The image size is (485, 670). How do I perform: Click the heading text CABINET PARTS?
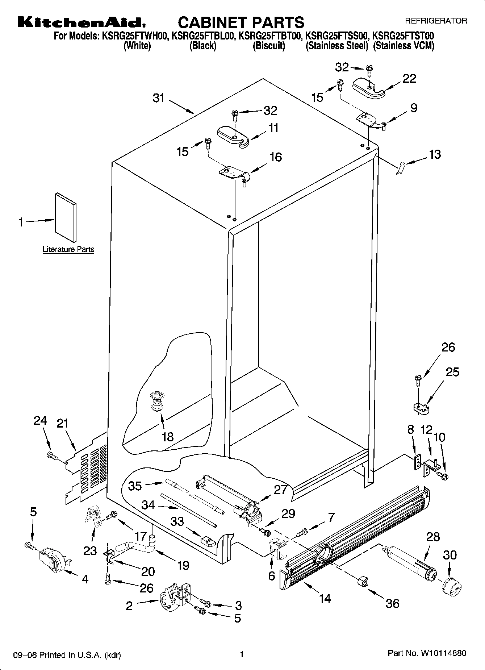241,22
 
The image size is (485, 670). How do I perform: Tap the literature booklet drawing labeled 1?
66,217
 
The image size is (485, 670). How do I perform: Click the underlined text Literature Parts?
68,249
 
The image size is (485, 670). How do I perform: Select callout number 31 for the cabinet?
159,98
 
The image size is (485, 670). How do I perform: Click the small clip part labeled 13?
399,168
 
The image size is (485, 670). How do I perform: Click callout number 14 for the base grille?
325,598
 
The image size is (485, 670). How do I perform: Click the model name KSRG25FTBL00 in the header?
204,36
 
